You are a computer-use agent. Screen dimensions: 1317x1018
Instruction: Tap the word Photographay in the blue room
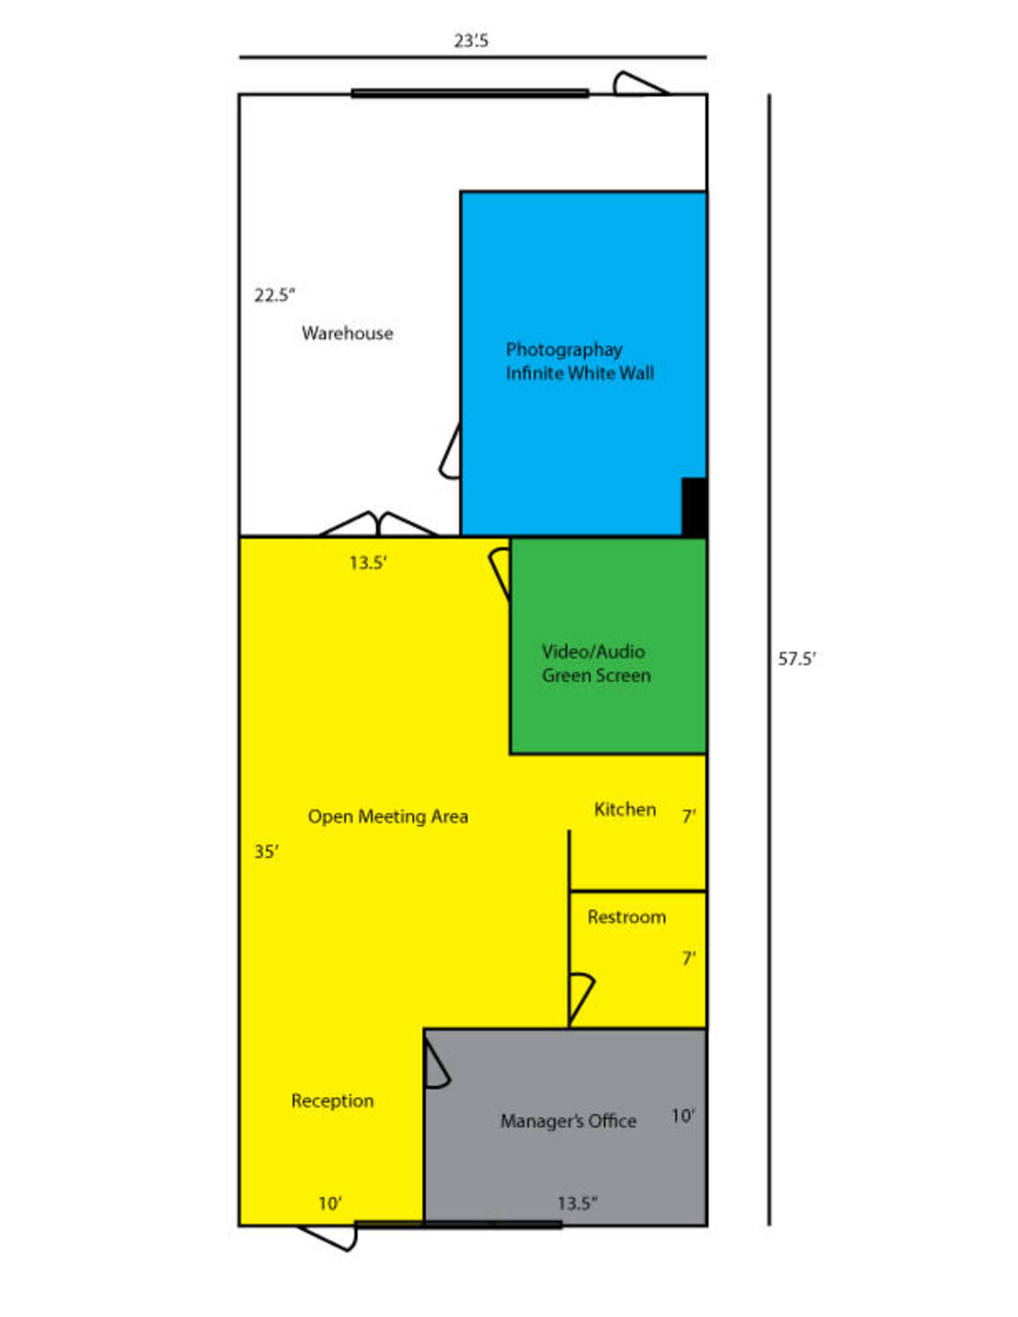coord(564,350)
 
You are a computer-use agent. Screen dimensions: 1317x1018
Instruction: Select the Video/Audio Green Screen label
coord(596,663)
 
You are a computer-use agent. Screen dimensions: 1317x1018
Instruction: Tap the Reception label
coord(332,1101)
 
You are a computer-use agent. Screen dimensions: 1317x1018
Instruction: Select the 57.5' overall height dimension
coord(796,659)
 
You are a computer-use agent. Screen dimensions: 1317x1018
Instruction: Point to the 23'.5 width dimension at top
coord(471,41)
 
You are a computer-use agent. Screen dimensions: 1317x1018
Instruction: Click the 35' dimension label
coord(266,852)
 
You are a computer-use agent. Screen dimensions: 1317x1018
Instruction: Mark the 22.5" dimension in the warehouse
coord(274,296)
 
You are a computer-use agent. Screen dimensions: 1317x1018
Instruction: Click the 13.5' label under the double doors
coord(368,563)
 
